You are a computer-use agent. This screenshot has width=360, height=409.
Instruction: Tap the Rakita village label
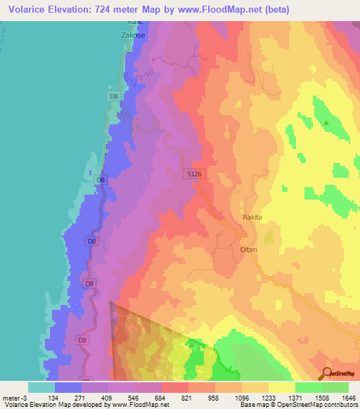click(252, 218)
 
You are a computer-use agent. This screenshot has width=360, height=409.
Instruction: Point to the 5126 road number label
click(195, 173)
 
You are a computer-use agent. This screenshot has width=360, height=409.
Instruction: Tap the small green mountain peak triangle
click(326, 123)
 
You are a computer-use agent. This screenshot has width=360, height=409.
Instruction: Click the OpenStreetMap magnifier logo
click(326, 373)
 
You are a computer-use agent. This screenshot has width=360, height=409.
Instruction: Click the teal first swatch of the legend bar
click(41, 387)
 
